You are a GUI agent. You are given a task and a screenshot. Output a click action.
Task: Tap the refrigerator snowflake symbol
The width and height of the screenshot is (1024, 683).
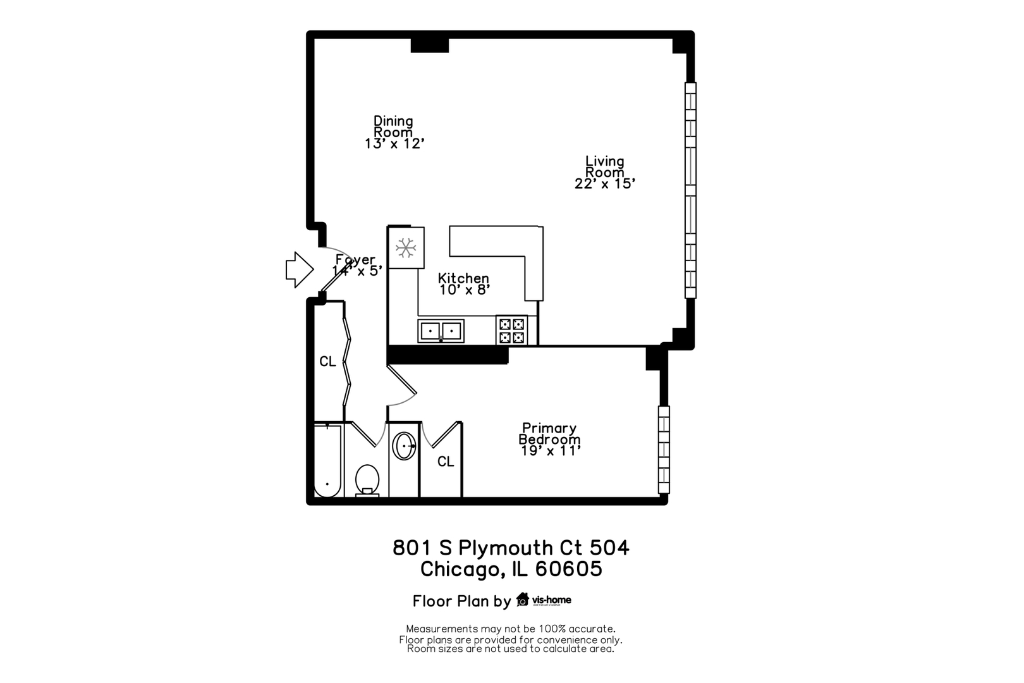405,247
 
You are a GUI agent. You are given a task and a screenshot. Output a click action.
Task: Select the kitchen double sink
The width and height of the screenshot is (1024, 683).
441,331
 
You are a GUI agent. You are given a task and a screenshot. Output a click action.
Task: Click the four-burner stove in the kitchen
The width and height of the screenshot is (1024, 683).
511,330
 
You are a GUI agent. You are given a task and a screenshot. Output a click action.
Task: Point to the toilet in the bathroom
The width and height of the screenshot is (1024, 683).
367,480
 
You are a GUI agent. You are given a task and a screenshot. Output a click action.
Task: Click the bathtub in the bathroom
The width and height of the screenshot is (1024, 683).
328,460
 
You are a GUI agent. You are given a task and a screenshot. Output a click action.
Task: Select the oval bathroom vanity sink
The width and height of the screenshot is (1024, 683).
404,446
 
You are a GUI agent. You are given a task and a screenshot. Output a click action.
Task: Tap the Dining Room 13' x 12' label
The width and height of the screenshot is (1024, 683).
394,132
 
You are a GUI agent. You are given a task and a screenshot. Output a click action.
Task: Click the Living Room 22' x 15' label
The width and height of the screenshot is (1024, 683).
605,172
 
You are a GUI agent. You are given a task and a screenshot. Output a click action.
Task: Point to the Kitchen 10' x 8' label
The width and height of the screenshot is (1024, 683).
464,284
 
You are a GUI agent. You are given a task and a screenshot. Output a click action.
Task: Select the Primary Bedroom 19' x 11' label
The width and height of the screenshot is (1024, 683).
549,439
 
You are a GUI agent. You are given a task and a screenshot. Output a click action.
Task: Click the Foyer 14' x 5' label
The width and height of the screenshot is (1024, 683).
357,266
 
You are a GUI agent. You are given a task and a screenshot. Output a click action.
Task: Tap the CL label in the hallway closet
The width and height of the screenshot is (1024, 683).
328,362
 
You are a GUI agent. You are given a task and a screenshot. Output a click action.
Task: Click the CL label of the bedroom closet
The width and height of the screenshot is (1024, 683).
446,462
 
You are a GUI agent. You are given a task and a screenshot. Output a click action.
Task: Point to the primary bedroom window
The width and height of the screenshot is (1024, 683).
664,450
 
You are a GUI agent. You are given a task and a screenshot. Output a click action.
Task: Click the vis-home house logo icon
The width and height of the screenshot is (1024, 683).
523,600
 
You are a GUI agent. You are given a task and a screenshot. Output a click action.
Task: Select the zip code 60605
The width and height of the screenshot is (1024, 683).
568,569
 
